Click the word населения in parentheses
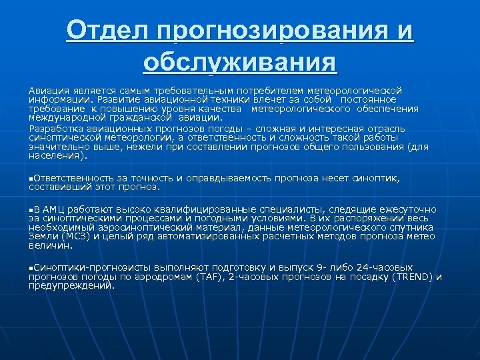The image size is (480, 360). [55, 156]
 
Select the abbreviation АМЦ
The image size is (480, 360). [54, 209]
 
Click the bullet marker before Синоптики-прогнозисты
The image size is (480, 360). [31, 267]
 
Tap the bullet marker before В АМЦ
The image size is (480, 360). [31, 209]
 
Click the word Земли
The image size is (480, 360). [41, 236]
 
